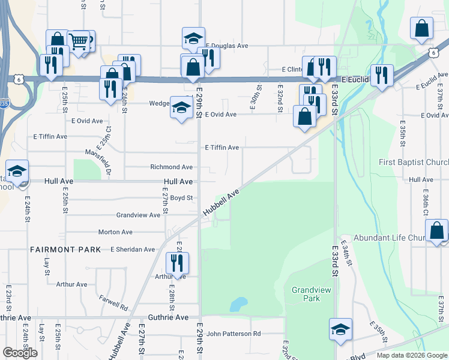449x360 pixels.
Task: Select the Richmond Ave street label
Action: pos(171,167)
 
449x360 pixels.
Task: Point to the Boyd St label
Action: pos(181,197)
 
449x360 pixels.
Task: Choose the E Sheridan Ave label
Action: pos(132,249)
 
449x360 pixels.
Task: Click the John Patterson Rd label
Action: pos(234,334)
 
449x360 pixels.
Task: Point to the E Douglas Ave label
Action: pos(227,46)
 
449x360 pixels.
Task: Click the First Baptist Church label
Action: pos(414,163)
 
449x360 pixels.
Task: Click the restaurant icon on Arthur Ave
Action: pos(177,263)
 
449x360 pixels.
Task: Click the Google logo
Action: pos(20,352)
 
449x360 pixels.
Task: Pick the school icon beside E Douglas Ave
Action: pos(193,38)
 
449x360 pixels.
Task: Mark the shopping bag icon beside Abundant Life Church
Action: pos(436,230)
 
